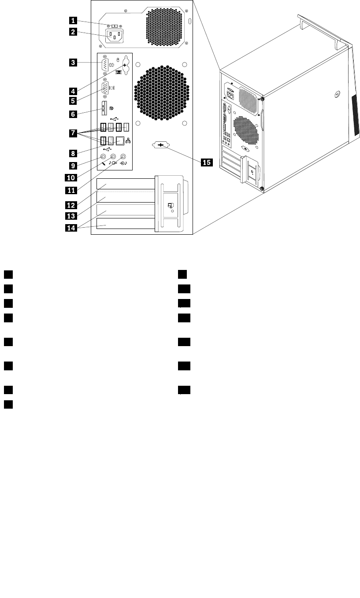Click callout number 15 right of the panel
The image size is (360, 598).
(x=206, y=162)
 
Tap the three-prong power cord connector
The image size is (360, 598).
(x=114, y=37)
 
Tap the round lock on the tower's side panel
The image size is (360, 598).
(x=336, y=94)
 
